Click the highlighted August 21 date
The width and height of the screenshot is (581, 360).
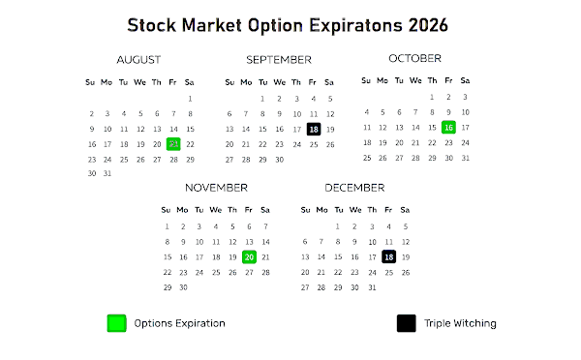point(173,144)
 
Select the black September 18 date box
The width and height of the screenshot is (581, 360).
point(314,129)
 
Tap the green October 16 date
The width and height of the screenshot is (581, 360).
point(448,128)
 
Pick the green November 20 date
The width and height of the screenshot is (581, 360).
point(249,257)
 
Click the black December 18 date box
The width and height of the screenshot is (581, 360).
point(388,257)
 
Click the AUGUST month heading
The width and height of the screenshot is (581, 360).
point(138,60)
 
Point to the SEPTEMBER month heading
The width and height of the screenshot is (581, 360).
point(279,60)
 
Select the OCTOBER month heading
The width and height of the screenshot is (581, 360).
point(414,58)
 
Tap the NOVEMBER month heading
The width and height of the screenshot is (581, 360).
point(216,188)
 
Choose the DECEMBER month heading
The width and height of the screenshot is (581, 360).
point(354,188)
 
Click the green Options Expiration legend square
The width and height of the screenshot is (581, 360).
point(117,323)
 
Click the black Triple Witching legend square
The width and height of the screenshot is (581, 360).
point(406,323)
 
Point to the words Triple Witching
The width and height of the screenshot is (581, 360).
point(460,323)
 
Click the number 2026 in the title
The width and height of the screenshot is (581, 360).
point(428,25)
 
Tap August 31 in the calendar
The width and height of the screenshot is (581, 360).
point(107,173)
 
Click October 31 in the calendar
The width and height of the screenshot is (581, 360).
point(466,158)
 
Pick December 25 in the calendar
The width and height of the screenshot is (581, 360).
point(388,273)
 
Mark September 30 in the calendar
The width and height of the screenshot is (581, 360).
point(280,160)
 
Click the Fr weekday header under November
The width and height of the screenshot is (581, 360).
point(248,210)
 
